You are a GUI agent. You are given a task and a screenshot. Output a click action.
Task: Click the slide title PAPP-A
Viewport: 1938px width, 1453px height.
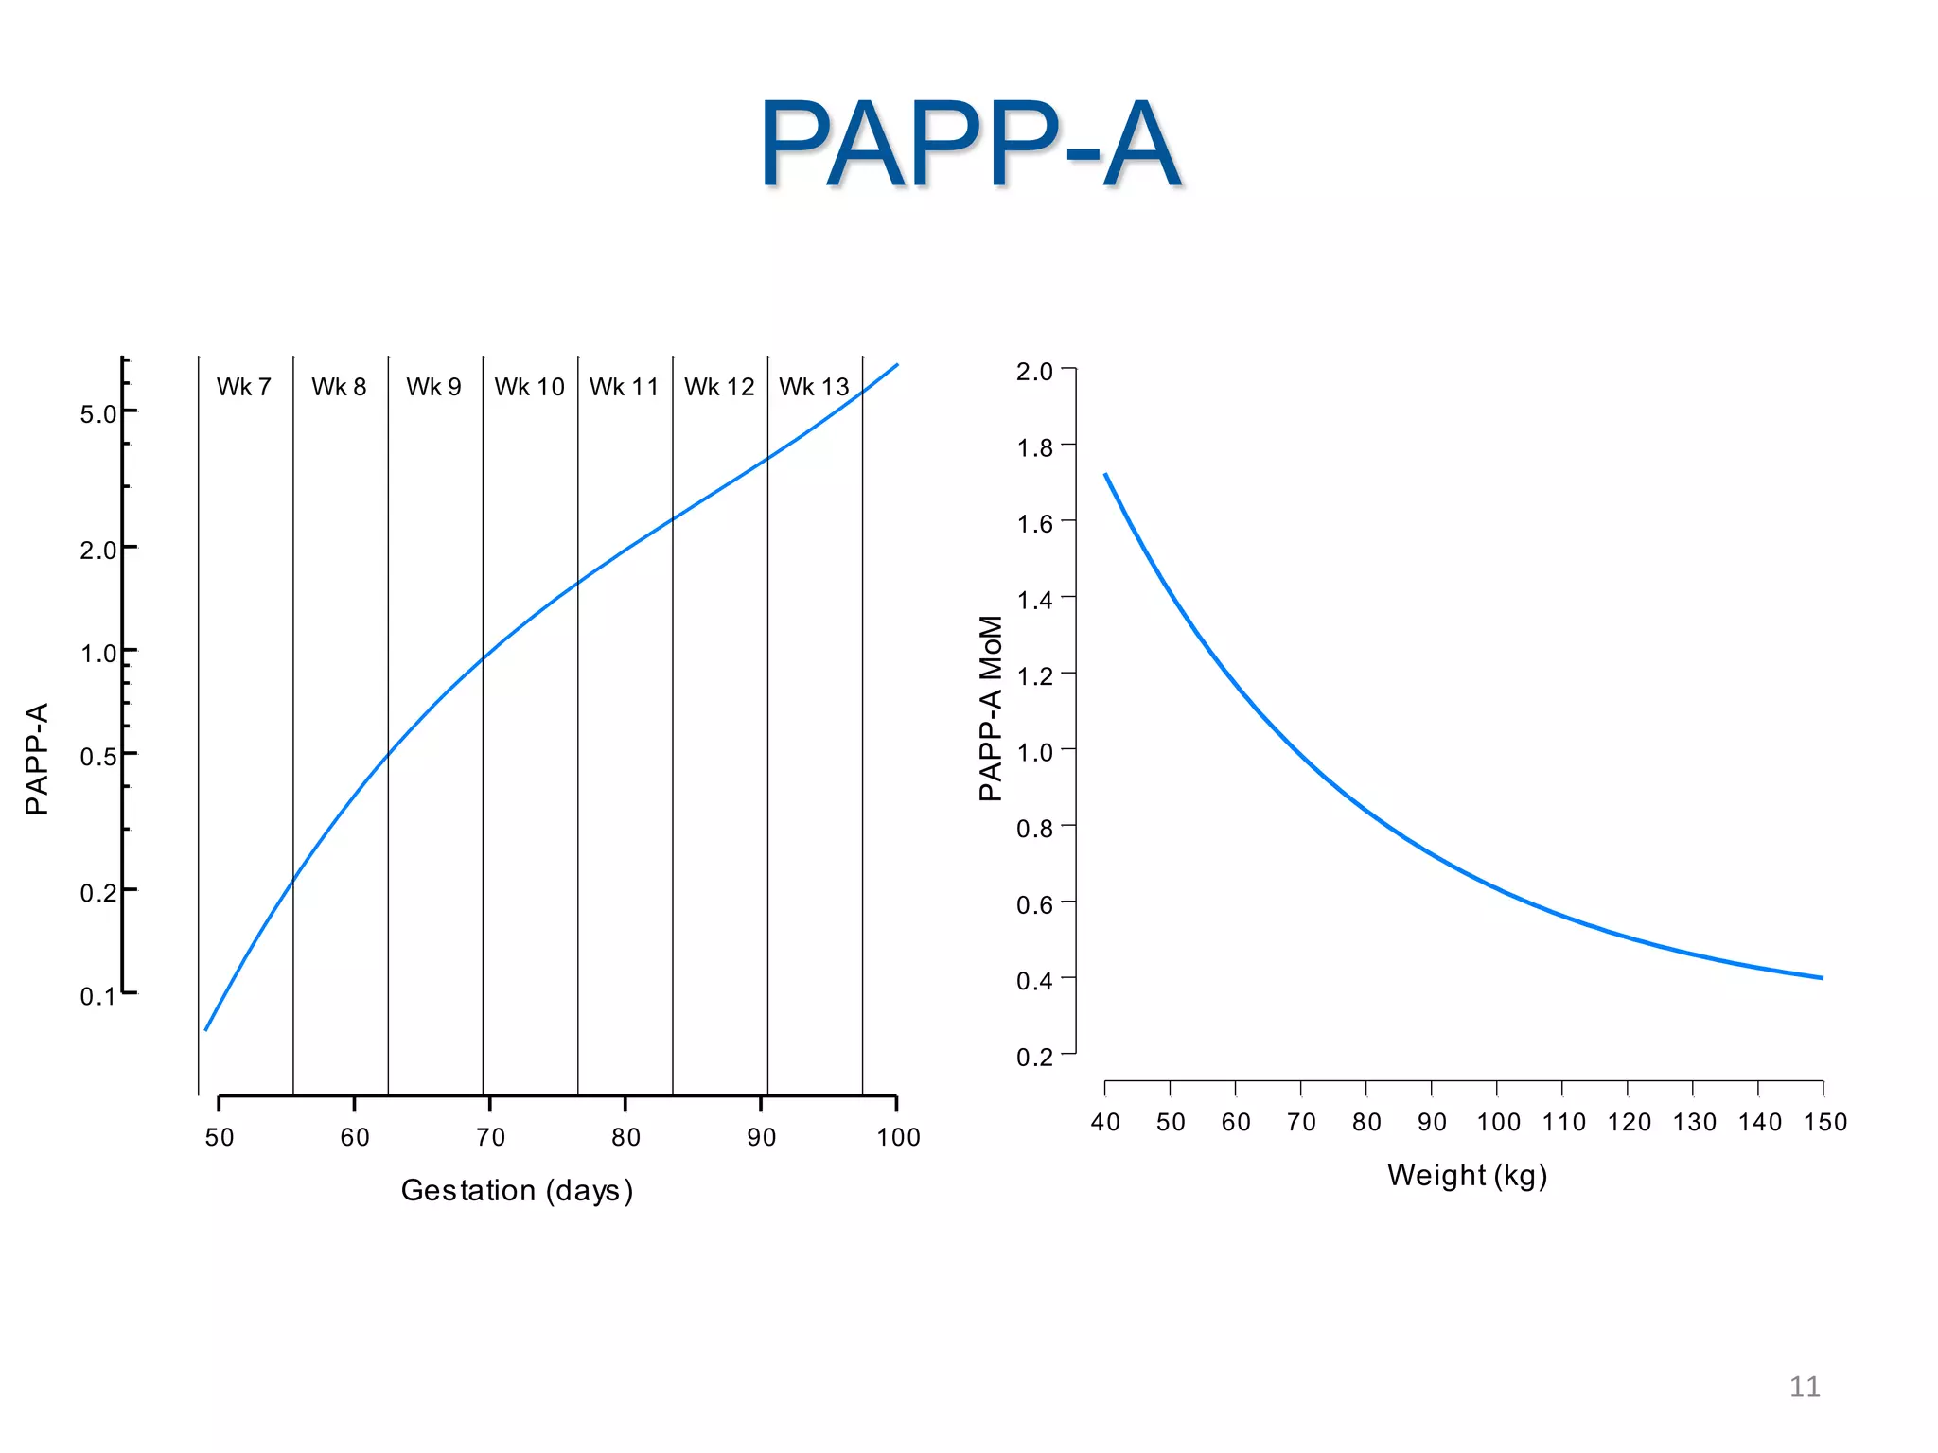click(x=969, y=145)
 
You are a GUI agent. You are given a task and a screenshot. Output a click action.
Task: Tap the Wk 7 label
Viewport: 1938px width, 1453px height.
click(x=244, y=387)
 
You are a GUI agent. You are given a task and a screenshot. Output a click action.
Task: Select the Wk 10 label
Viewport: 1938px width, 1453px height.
click(x=529, y=387)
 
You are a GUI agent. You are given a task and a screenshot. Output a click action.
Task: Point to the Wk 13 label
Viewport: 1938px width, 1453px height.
click(x=814, y=387)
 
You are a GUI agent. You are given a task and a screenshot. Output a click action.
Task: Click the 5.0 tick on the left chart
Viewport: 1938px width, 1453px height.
click(x=98, y=414)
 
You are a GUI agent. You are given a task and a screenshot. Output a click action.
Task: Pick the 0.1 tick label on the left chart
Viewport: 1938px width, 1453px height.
click(x=98, y=996)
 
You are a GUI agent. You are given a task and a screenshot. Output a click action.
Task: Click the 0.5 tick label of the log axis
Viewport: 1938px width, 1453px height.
click(x=98, y=757)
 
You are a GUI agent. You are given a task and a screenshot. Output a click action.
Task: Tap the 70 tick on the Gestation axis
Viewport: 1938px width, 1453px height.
click(x=490, y=1137)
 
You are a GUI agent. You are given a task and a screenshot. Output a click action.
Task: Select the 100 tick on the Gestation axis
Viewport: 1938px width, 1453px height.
click(x=898, y=1137)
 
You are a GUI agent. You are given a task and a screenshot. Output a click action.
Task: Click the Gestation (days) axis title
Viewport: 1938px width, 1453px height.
click(x=517, y=1190)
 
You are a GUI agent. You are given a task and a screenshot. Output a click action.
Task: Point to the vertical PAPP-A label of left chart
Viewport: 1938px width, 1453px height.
click(x=37, y=759)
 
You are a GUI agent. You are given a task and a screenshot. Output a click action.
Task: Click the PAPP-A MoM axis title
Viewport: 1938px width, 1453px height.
click(x=990, y=709)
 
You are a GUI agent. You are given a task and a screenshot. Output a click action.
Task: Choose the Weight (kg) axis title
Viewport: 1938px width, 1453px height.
click(x=1467, y=1175)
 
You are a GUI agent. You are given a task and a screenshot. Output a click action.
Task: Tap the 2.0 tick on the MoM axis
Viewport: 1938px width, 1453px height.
click(x=1034, y=372)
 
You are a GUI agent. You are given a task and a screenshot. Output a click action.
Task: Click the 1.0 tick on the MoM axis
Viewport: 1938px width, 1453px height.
click(x=1034, y=753)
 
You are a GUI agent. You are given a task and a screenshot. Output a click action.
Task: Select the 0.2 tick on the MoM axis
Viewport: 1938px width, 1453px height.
click(x=1034, y=1057)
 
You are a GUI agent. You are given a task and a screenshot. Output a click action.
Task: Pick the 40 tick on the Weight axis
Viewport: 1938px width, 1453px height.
click(x=1105, y=1123)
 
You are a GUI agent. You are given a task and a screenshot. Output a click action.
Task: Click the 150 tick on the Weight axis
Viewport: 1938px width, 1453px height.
click(x=1824, y=1123)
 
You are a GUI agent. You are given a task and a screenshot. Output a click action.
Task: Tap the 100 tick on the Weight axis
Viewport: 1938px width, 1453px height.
click(x=1498, y=1123)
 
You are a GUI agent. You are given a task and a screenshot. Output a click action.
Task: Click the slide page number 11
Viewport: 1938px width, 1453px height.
click(x=1805, y=1387)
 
